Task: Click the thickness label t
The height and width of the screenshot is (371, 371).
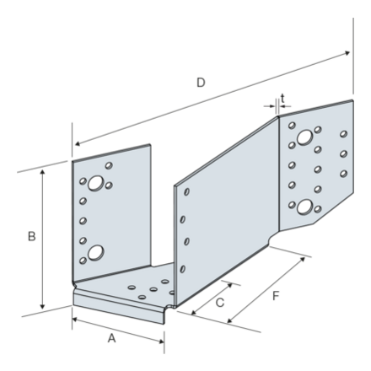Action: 282,98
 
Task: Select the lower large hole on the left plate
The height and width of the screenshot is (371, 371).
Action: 96,250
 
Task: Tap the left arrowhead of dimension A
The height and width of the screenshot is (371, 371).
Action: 73,320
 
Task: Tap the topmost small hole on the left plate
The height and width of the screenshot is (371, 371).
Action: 110,165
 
